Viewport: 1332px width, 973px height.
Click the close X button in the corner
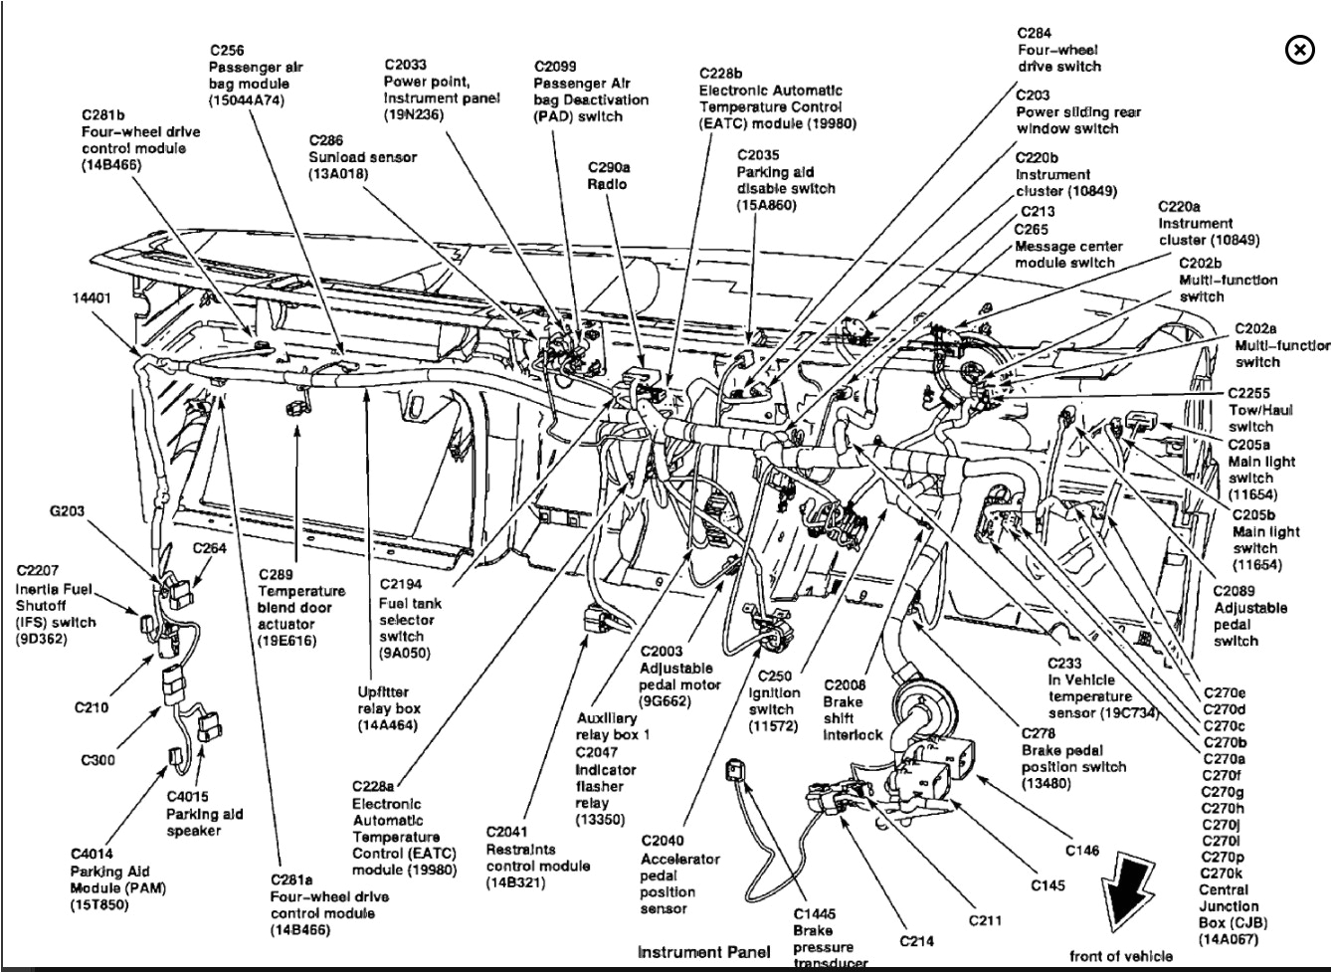tap(1299, 50)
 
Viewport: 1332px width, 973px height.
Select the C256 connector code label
tap(227, 51)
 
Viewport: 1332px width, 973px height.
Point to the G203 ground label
tap(67, 511)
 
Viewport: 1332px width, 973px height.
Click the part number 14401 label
tap(92, 297)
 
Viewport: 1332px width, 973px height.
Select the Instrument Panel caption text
tap(690, 952)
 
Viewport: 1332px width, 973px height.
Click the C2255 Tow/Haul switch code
tap(1249, 393)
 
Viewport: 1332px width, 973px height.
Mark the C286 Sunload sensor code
tap(326, 140)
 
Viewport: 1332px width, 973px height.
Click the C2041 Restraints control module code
tap(507, 832)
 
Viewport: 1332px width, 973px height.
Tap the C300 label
tap(97, 760)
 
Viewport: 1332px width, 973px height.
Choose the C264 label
tap(210, 547)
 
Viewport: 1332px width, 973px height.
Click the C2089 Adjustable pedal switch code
tap(1235, 591)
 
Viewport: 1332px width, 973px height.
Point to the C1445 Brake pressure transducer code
tap(815, 913)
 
